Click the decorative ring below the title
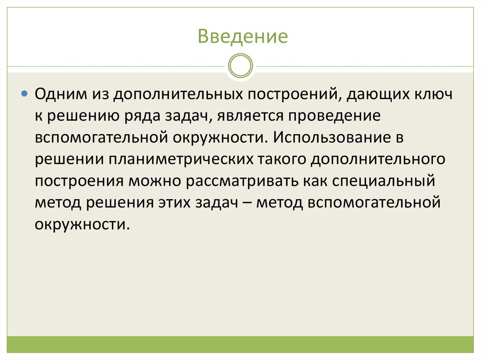coord(240,66)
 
